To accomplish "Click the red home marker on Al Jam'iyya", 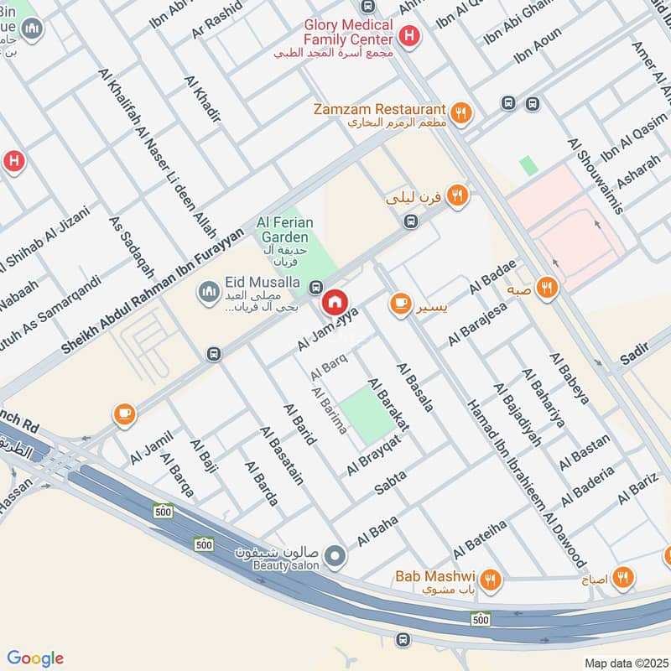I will coord(335,301).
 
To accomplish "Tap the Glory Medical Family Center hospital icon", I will coord(408,36).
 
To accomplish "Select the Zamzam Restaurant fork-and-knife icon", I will coord(460,111).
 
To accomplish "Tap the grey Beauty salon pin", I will coord(335,555).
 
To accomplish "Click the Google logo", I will coord(35,658).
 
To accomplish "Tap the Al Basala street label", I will coord(416,387).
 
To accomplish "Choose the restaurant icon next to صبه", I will coord(548,288).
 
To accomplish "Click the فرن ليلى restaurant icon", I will coord(456,195).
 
